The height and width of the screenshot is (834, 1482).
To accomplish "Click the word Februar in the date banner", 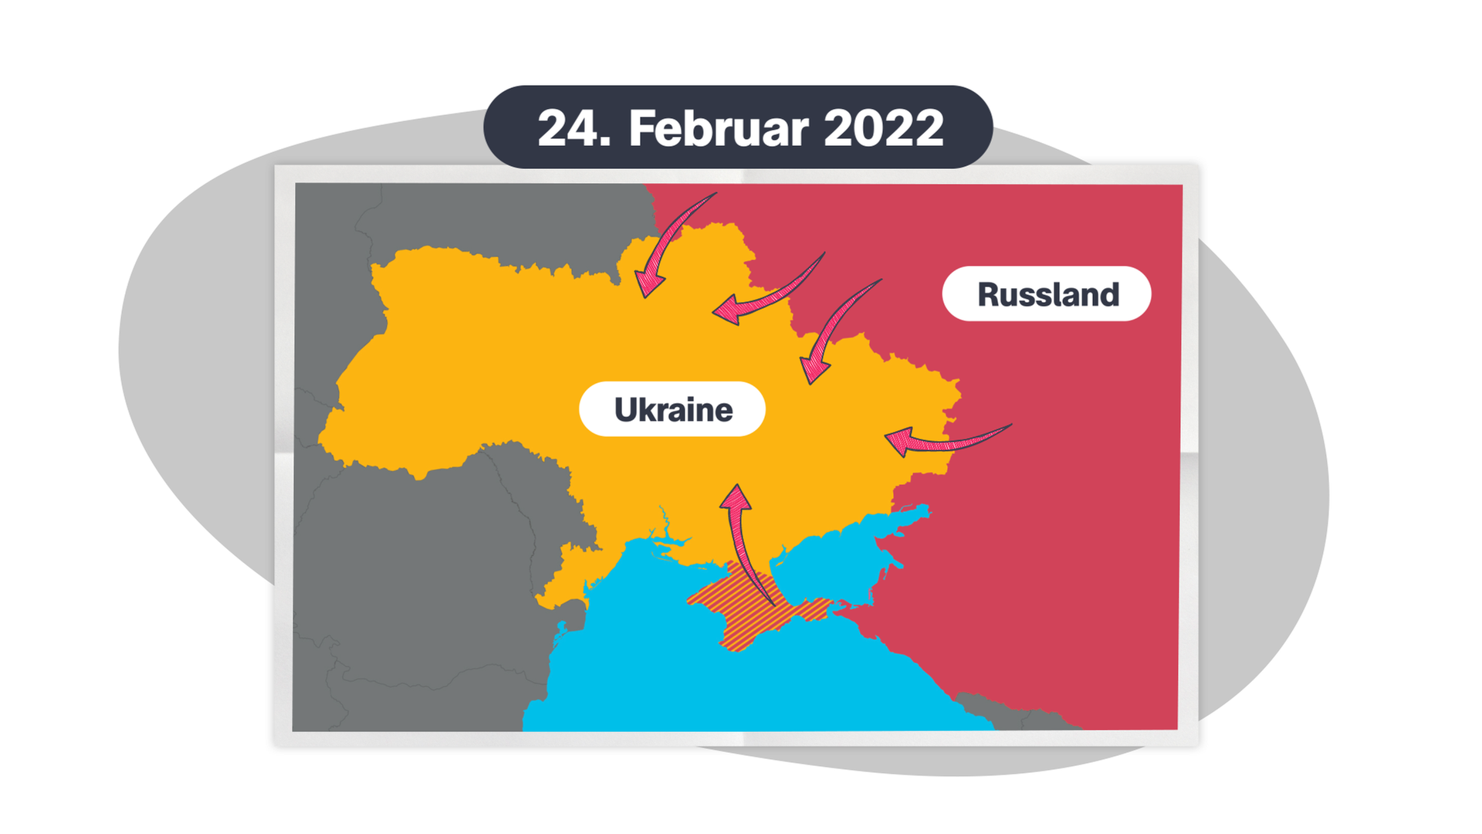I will click(719, 128).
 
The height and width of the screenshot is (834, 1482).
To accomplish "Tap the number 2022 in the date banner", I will click(883, 128).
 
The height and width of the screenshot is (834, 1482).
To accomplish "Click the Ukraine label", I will click(672, 409).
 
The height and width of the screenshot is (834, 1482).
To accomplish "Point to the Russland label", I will click(1047, 294).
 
